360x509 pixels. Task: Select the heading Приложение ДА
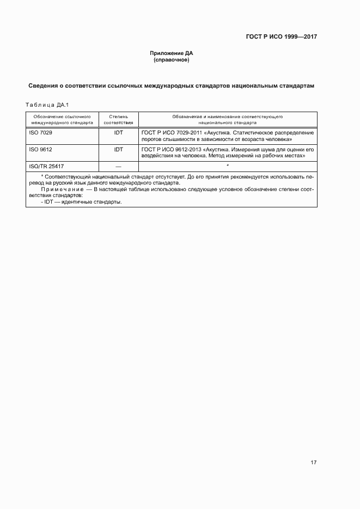(x=172, y=53)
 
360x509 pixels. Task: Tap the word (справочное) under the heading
(x=172, y=59)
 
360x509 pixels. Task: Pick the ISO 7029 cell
(x=41, y=132)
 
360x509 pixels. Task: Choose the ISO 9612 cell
(x=41, y=149)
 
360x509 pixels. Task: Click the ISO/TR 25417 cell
(x=47, y=165)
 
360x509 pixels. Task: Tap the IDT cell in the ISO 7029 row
(x=118, y=132)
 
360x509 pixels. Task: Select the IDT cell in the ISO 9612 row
(x=118, y=149)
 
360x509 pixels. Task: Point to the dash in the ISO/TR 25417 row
(x=118, y=165)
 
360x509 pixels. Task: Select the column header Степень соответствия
(x=118, y=120)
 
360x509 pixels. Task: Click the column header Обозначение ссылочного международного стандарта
(x=62, y=120)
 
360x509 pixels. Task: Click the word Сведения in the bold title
(x=45, y=85)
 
